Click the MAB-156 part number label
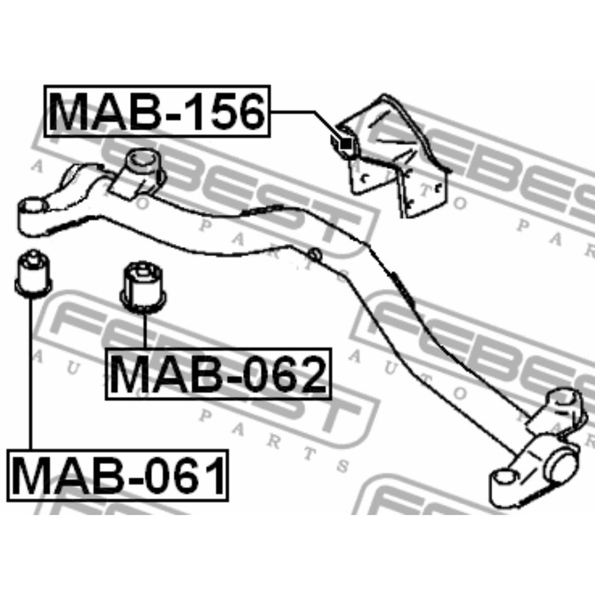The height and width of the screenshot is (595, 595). tap(157, 111)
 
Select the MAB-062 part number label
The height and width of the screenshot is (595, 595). tap(218, 374)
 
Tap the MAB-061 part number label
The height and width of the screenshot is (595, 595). tap(117, 475)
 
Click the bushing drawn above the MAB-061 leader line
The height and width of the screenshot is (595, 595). tap(33, 273)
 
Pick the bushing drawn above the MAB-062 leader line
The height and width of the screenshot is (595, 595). tap(144, 287)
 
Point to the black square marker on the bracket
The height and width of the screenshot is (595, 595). tap(346, 144)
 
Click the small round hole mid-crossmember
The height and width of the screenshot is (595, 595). tap(314, 254)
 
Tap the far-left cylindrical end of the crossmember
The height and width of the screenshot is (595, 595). tap(32, 216)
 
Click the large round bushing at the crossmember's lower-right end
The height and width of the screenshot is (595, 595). tap(561, 467)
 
